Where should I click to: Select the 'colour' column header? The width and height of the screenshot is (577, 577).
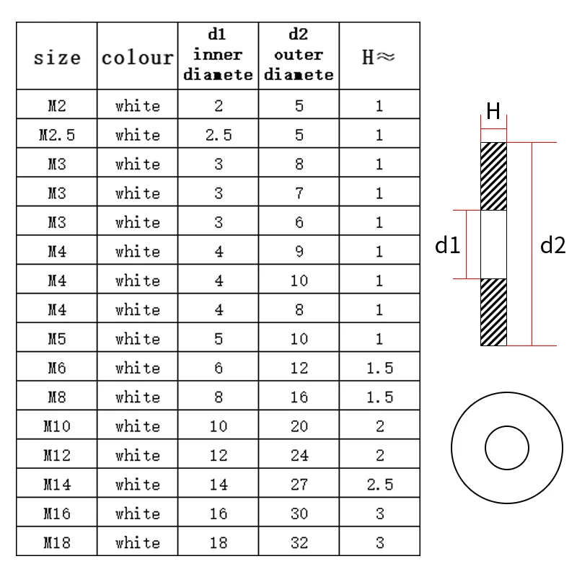point(137,57)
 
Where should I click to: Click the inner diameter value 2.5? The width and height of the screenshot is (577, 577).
point(218,135)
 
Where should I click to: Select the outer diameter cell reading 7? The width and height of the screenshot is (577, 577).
point(299,193)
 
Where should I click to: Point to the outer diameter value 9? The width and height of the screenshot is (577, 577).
point(299,252)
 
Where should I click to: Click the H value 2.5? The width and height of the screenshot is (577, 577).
point(379,485)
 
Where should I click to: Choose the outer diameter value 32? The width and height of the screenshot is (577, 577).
point(299,543)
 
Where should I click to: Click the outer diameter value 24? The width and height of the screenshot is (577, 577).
point(299,455)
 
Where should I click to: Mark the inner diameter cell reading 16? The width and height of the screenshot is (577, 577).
point(218,514)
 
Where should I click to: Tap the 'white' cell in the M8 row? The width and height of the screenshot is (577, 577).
point(137,397)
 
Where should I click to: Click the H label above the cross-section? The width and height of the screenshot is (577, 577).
point(494,111)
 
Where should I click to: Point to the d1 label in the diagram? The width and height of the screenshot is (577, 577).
point(447,246)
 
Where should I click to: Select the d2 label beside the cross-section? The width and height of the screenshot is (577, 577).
point(552,246)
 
